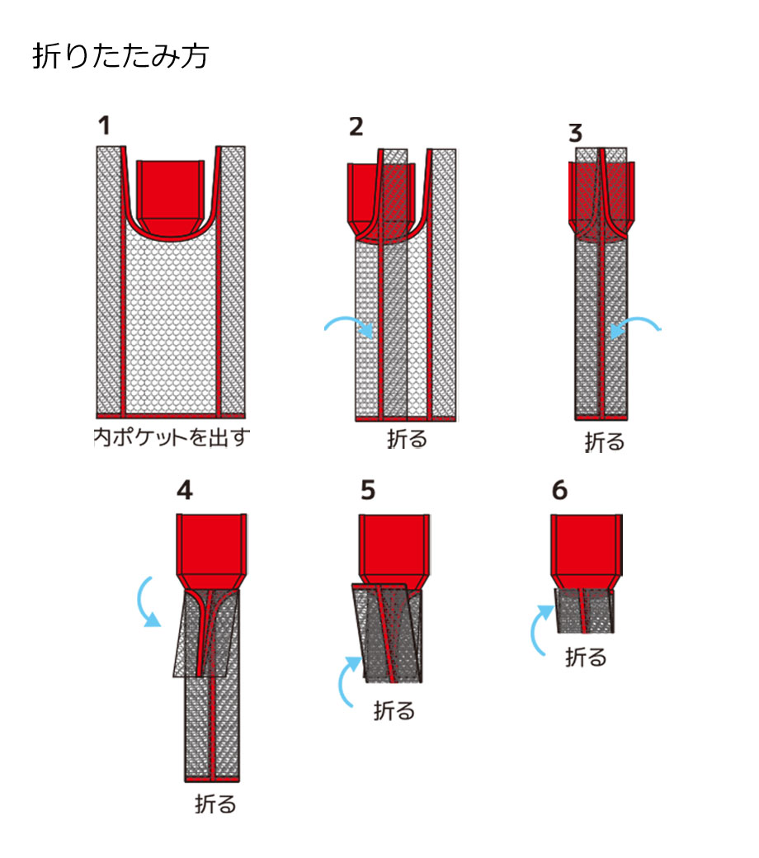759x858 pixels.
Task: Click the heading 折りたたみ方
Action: [x=120, y=57]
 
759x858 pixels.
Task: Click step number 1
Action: [x=103, y=126]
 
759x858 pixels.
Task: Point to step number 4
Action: [x=185, y=490]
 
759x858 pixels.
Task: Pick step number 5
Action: [x=368, y=490]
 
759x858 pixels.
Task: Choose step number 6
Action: [x=559, y=490]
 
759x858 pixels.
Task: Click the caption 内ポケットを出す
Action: [x=171, y=437]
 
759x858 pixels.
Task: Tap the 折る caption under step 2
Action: [x=408, y=438]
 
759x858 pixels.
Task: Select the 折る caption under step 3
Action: [x=605, y=441]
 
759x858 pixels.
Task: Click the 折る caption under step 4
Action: [x=215, y=804]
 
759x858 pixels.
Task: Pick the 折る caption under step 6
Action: [x=586, y=657]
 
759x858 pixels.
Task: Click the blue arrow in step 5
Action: [x=347, y=681]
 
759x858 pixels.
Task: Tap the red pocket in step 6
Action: [x=585, y=544]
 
